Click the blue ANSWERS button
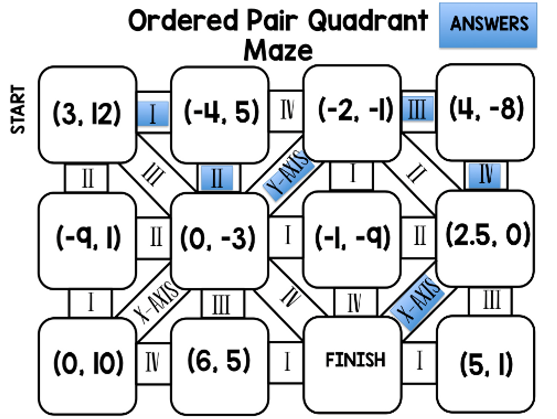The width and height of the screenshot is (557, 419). click(488, 25)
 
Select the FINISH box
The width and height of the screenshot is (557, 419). click(354, 362)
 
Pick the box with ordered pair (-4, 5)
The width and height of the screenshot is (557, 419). click(220, 113)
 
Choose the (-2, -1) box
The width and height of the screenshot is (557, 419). click(353, 111)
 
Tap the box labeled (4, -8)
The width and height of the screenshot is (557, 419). click(486, 111)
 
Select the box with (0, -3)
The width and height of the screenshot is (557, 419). click(219, 239)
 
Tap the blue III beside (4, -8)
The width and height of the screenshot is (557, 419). click(417, 109)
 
